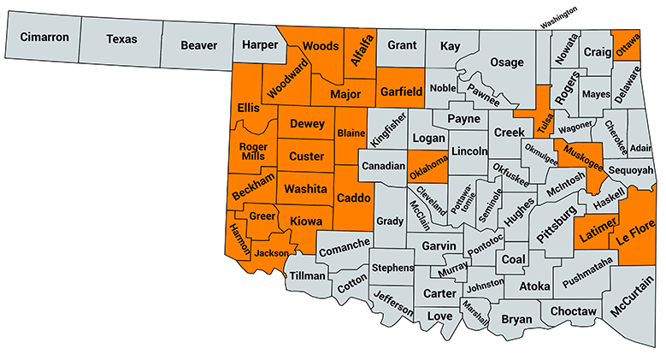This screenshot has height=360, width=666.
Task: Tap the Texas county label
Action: [x=121, y=38]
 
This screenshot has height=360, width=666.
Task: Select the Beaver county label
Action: [x=198, y=44]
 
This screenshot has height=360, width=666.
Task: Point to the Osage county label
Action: [x=506, y=62]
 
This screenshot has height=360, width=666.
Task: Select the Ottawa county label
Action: [x=628, y=42]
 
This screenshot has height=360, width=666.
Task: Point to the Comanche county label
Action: [x=345, y=249]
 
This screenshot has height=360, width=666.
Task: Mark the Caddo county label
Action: [x=353, y=198]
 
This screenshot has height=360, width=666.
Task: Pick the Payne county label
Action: [x=463, y=119]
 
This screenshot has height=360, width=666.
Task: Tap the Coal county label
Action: [x=513, y=259]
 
